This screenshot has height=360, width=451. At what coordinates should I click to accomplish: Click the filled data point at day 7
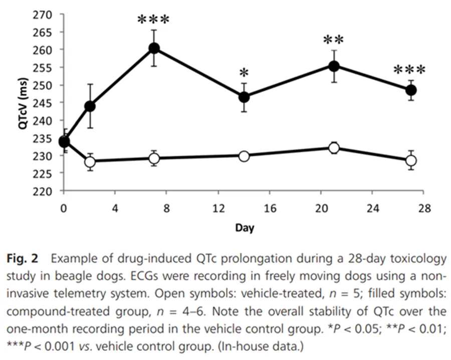point(154,48)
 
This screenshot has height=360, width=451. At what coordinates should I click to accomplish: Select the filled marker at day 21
point(334,66)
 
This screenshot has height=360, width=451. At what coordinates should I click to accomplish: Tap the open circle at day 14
point(244,156)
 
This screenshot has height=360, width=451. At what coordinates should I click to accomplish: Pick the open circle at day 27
point(411,160)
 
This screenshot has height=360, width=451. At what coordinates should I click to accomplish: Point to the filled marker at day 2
point(90,106)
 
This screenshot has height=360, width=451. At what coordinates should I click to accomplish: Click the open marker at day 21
point(334,148)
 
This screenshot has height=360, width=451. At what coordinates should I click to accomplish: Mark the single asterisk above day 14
point(244,72)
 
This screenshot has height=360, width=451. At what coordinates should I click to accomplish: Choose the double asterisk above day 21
point(333,40)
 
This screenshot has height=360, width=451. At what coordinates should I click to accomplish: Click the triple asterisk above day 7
point(154,21)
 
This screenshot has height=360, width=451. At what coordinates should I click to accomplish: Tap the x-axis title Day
point(244,228)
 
